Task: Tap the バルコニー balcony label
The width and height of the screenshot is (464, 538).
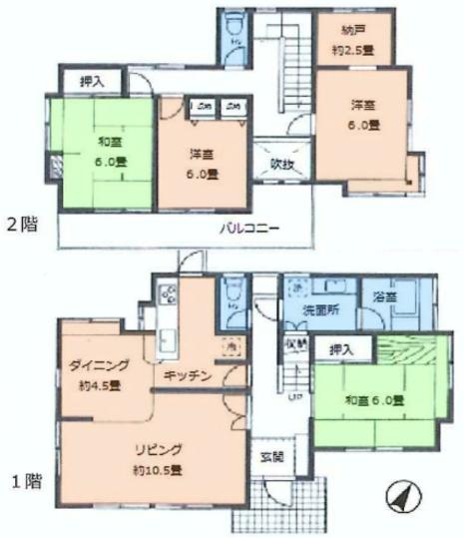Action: [250, 228]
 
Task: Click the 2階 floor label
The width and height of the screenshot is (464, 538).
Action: [24, 224]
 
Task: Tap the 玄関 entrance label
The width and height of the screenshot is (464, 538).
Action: [271, 458]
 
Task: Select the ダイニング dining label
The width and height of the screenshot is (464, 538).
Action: [93, 364]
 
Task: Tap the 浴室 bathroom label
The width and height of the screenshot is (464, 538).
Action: [384, 296]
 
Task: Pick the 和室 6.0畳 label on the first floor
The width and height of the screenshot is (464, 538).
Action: [374, 400]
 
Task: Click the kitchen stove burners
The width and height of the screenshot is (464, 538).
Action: [167, 294]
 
